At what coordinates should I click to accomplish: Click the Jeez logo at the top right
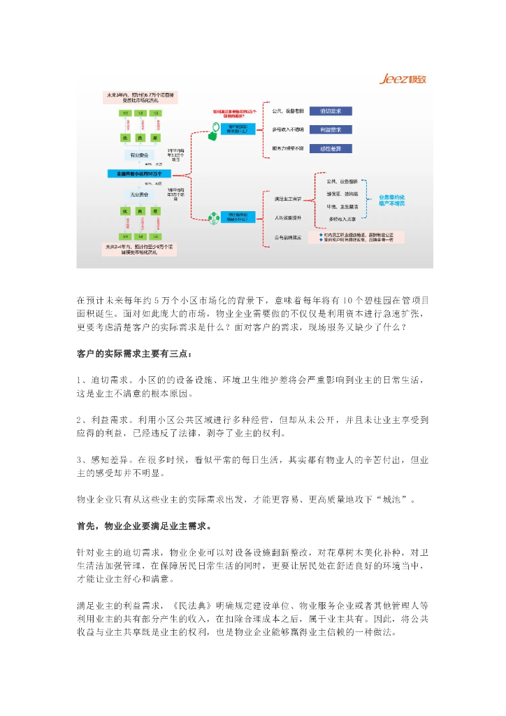click(x=402, y=79)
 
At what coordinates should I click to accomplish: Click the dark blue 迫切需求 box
click(x=330, y=110)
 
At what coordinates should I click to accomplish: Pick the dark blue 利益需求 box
click(x=330, y=129)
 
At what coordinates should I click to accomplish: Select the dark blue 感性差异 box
click(x=330, y=148)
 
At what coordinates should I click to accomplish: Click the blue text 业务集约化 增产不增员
click(x=392, y=200)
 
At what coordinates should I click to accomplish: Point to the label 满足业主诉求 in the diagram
click(x=288, y=199)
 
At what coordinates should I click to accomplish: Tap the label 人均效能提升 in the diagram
click(x=288, y=217)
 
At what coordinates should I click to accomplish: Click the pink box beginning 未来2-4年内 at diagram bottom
click(x=135, y=250)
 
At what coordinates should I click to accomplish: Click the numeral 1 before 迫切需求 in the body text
click(x=80, y=379)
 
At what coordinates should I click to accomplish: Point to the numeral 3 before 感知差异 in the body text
click(x=80, y=461)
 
